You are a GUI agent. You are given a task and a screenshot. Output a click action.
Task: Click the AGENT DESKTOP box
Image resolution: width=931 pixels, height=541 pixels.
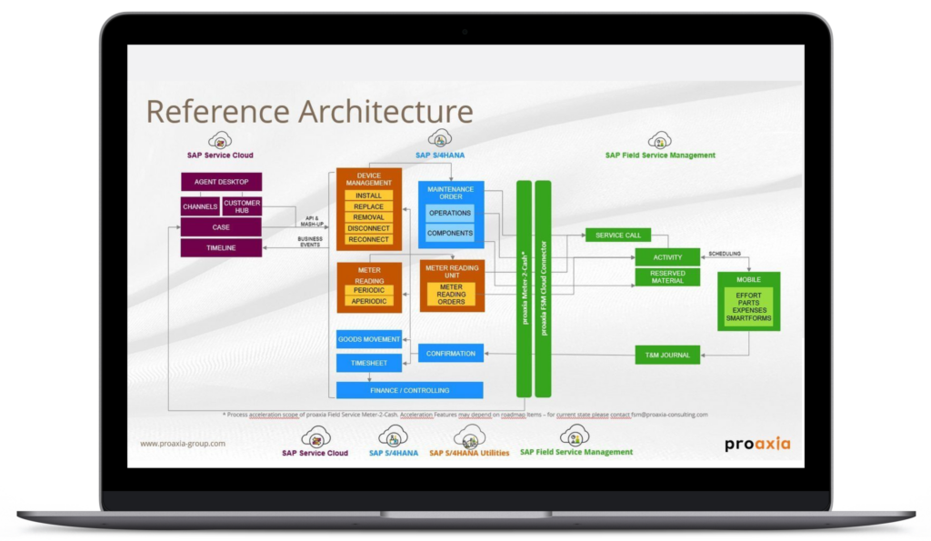point(221,182)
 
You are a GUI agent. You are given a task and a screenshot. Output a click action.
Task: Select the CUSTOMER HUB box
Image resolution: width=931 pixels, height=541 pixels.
point(242,206)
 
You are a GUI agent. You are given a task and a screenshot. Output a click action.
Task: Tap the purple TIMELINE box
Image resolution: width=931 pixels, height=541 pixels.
point(221,247)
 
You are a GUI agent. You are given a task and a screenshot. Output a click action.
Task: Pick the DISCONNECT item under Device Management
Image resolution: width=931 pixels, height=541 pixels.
point(368,228)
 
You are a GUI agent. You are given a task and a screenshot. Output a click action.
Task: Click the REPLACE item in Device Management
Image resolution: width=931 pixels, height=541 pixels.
point(368,206)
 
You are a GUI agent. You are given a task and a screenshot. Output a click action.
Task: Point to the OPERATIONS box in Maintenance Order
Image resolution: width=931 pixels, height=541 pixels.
point(450,213)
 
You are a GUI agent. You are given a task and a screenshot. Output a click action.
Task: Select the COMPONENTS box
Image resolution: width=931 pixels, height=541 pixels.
point(450,234)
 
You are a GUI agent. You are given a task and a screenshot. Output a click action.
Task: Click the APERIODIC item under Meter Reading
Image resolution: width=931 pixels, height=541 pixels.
point(369,301)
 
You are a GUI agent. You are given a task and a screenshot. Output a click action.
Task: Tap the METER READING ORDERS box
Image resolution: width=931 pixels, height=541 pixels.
point(451,295)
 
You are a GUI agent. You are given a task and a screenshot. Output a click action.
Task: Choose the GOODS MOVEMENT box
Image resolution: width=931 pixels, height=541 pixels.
point(369,339)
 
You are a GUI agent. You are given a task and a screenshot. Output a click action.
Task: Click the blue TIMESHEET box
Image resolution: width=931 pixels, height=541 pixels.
point(369,363)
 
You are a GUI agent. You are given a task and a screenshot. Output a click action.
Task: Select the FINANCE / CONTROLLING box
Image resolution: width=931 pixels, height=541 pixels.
point(409,390)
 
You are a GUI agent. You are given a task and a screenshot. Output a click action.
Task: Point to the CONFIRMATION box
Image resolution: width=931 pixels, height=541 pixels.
point(451,353)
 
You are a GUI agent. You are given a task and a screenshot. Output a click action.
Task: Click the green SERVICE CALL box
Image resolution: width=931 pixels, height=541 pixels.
point(618,235)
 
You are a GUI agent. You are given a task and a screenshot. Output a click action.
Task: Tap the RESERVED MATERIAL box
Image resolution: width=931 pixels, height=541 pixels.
point(667,276)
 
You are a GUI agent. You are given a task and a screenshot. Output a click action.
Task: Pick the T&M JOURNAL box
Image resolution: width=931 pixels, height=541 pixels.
point(667,355)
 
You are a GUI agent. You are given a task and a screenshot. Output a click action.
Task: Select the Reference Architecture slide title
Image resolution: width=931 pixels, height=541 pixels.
point(309,112)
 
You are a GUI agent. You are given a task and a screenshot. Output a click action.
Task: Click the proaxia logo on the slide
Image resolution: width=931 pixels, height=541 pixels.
point(757,444)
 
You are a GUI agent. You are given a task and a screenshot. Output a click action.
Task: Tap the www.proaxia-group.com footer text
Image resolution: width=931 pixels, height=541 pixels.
point(183,444)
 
